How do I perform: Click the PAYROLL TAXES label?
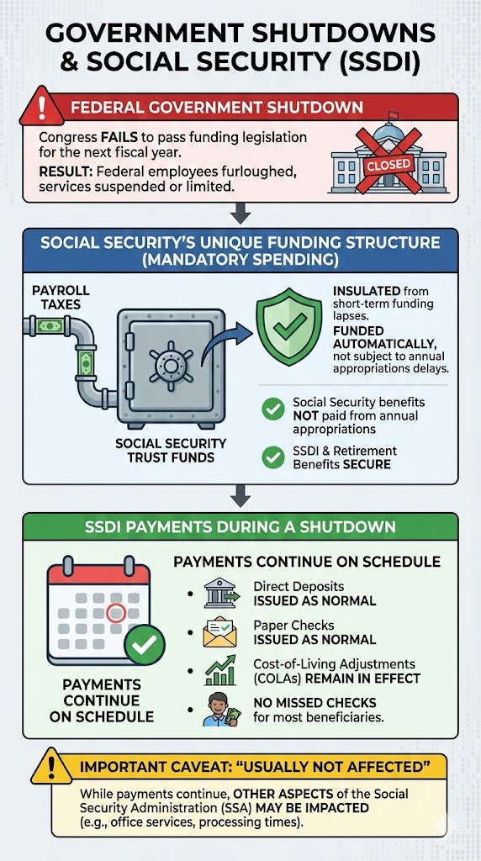coord(61,296)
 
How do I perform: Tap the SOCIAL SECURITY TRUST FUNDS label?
coord(172,450)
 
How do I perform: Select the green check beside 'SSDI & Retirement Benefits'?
coord(272,457)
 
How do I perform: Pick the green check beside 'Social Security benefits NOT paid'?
coord(272,409)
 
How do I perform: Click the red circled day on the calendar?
coord(117,613)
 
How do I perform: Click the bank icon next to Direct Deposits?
coord(214,593)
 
